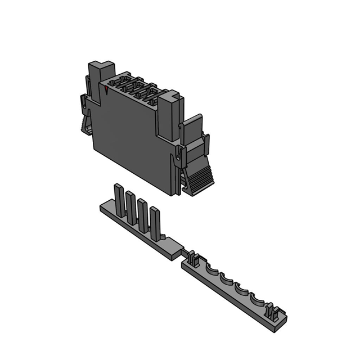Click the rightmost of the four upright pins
[155, 222]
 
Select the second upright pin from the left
[130, 205]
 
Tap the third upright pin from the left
[143, 214]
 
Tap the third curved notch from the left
[241, 288]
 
